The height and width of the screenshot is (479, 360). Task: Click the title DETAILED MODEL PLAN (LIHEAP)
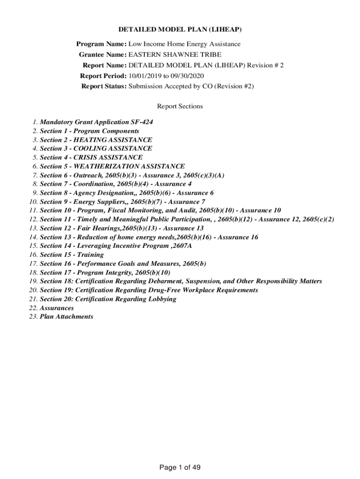[x=180, y=29]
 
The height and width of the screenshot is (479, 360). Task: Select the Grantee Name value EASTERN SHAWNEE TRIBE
[x=175, y=55]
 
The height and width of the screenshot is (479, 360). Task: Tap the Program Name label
[x=101, y=44]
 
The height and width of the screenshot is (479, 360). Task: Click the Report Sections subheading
[x=180, y=106]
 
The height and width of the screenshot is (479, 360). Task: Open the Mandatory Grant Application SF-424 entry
[x=96, y=122]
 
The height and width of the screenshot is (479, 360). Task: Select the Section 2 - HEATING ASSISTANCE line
[x=96, y=140]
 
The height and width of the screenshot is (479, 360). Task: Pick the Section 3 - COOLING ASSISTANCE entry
[x=96, y=149]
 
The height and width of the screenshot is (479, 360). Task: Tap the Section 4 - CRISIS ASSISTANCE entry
[x=91, y=158]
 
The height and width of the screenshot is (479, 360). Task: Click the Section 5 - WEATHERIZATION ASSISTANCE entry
[x=112, y=166]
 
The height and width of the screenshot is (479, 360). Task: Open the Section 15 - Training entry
[x=72, y=255]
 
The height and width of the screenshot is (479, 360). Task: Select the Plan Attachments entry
[x=66, y=317]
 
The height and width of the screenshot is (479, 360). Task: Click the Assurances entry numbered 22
[x=57, y=308]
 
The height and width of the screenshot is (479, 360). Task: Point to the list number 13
[x=33, y=228]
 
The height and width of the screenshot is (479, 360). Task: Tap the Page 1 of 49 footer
[x=180, y=467]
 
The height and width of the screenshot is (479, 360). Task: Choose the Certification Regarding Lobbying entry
[x=108, y=299]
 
